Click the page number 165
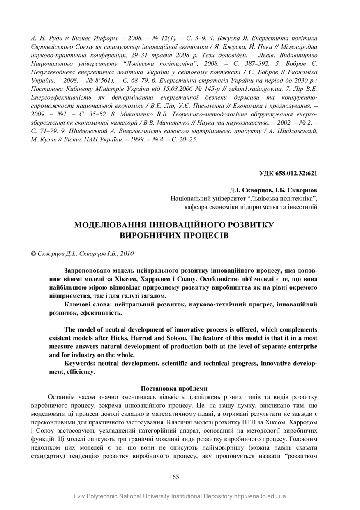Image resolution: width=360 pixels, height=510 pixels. pyautogui.click(x=174, y=477)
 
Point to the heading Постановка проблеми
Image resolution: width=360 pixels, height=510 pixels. pyautogui.click(x=174, y=388)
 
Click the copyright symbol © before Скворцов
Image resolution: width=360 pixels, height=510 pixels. pyautogui.click(x=34, y=254)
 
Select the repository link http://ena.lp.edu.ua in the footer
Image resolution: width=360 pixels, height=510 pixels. pyautogui.click(x=260, y=496)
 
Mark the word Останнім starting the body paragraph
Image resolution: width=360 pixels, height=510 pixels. pyautogui.click(x=61, y=397)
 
